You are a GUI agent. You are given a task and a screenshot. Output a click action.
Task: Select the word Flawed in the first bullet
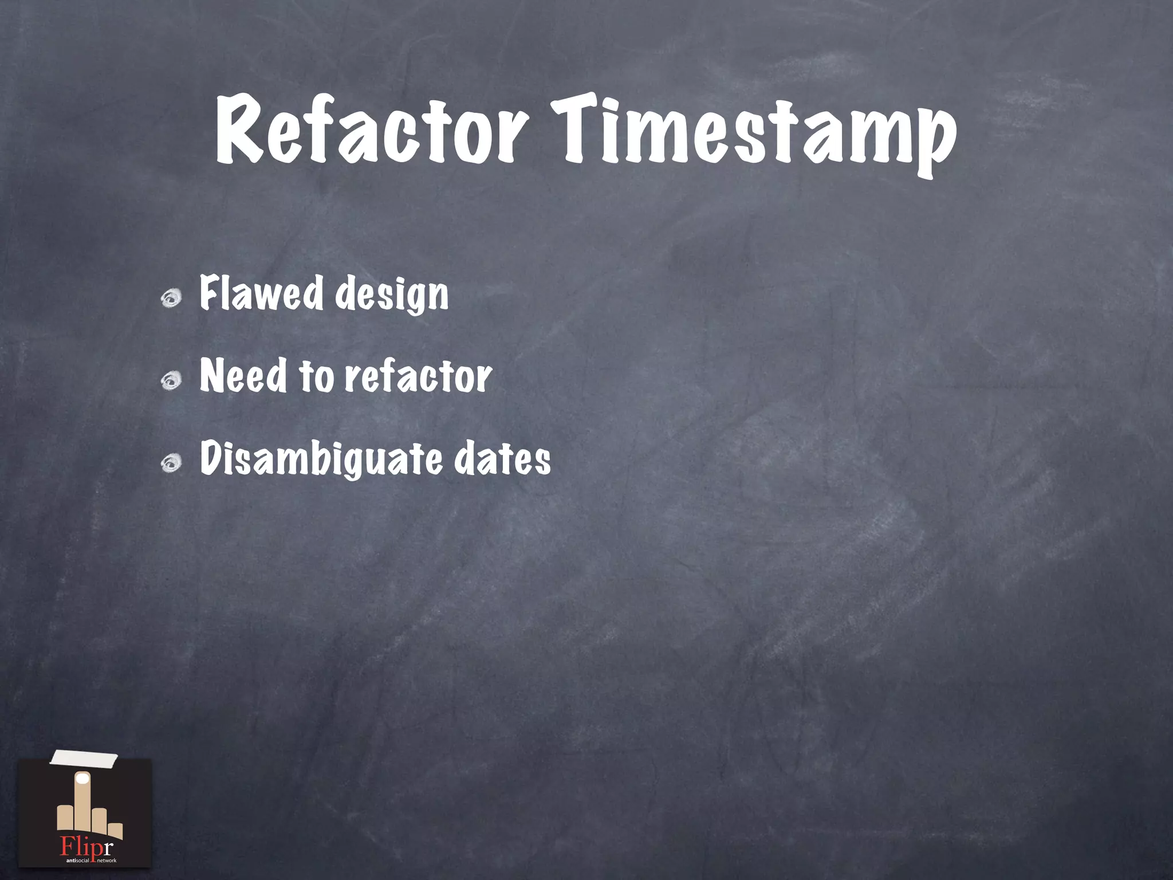(x=261, y=293)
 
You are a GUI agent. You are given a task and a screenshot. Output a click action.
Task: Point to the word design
(x=392, y=296)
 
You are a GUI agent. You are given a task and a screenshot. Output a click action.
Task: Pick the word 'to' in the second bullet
(x=316, y=376)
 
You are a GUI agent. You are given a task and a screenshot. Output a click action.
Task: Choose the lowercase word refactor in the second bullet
(x=418, y=376)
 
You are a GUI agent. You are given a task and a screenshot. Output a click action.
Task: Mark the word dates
(x=502, y=459)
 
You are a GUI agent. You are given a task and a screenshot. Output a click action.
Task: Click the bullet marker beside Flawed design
(x=171, y=298)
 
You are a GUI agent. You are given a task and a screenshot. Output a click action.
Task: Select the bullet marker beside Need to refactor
(x=171, y=380)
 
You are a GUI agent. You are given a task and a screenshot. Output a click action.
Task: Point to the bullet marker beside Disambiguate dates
(x=171, y=463)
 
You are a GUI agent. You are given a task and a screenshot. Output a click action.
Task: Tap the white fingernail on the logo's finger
(x=84, y=779)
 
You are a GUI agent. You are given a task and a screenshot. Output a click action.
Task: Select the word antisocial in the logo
(x=77, y=861)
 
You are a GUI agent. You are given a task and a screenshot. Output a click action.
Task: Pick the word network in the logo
(x=107, y=861)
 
